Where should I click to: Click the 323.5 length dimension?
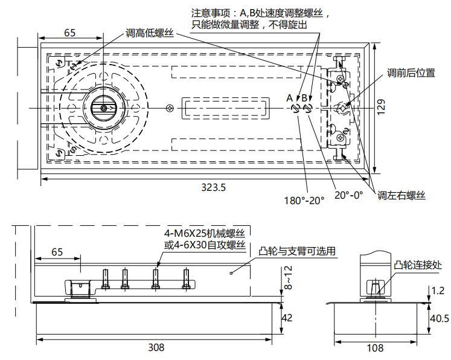pos(213,187)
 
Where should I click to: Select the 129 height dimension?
pos(380,106)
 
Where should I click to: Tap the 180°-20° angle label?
pos(305,200)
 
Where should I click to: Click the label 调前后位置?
pos(411,73)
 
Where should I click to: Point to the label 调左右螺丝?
pos(401,195)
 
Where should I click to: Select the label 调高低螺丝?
pos(150,33)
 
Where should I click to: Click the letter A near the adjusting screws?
pos(289,98)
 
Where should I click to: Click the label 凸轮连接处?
pos(418,265)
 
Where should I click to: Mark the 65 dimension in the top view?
pos(70,33)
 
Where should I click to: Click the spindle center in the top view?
pos(104,108)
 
